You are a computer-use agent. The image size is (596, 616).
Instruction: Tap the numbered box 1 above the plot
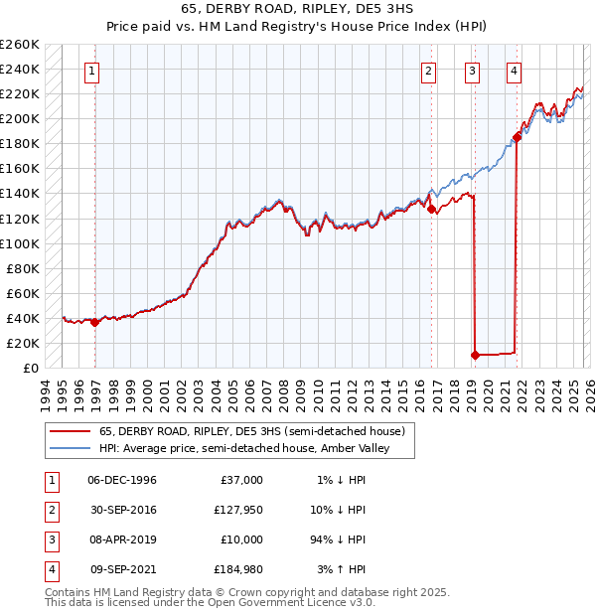click(x=92, y=71)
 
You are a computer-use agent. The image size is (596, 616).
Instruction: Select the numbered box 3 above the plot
click(x=471, y=71)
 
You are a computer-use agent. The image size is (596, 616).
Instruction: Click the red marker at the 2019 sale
click(x=475, y=355)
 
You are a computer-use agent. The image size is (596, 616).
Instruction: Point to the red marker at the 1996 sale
click(x=94, y=322)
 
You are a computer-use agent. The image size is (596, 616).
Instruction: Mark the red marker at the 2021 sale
click(x=517, y=138)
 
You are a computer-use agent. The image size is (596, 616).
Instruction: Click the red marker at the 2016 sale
click(x=431, y=209)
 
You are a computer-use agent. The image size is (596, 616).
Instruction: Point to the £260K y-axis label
click(x=20, y=45)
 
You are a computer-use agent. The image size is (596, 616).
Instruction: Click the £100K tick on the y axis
click(x=20, y=243)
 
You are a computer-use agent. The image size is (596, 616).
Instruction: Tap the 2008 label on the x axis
click(x=285, y=392)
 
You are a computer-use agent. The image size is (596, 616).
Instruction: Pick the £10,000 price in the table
click(x=241, y=539)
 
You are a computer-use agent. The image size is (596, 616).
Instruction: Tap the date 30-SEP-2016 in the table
click(x=121, y=510)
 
